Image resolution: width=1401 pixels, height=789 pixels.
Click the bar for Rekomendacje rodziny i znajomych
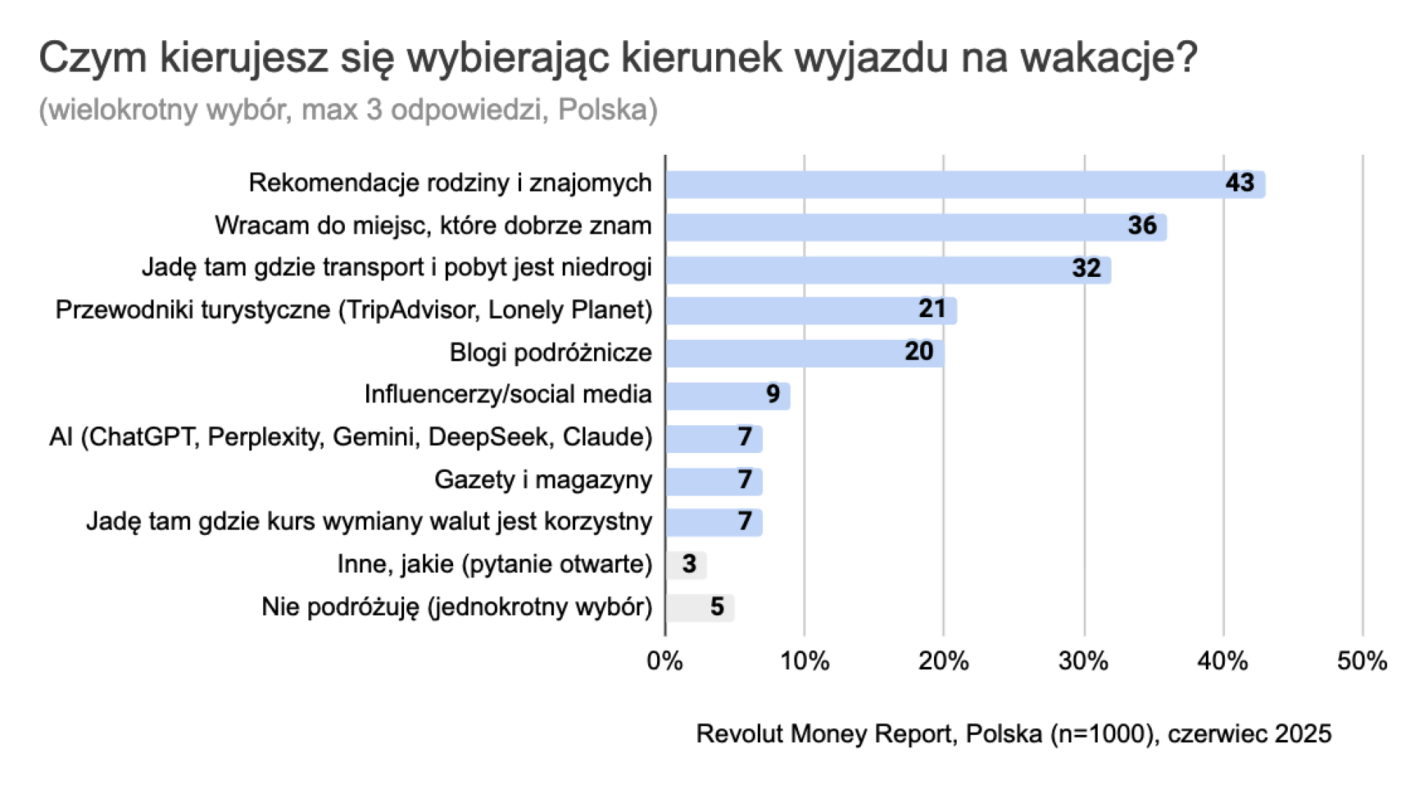pyautogui.click(x=965, y=184)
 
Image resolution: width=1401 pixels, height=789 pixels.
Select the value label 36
pyautogui.click(x=1142, y=226)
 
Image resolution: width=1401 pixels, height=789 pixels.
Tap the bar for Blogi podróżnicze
pyautogui.click(x=804, y=353)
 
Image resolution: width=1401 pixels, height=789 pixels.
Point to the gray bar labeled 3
pyautogui.click(x=686, y=565)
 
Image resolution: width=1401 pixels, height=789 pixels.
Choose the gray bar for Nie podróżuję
pyautogui.click(x=699, y=607)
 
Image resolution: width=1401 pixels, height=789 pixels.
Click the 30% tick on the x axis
pyautogui.click(x=1083, y=661)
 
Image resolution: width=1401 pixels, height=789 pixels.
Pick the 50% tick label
pyautogui.click(x=1362, y=661)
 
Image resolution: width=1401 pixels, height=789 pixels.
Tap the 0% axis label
pyautogui.click(x=664, y=661)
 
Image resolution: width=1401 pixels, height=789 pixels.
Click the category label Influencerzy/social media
pyautogui.click(x=507, y=394)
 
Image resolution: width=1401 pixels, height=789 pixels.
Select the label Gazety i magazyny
pyautogui.click(x=542, y=480)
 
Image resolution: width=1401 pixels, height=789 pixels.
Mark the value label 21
pyautogui.click(x=932, y=309)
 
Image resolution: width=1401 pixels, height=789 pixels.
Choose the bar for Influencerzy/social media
pyautogui.click(x=727, y=395)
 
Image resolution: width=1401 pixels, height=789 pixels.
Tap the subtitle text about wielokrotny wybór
pyautogui.click(x=348, y=110)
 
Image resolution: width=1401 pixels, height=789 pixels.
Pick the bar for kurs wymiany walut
pyautogui.click(x=713, y=522)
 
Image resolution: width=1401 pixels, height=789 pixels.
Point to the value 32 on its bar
pyautogui.click(x=1086, y=268)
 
